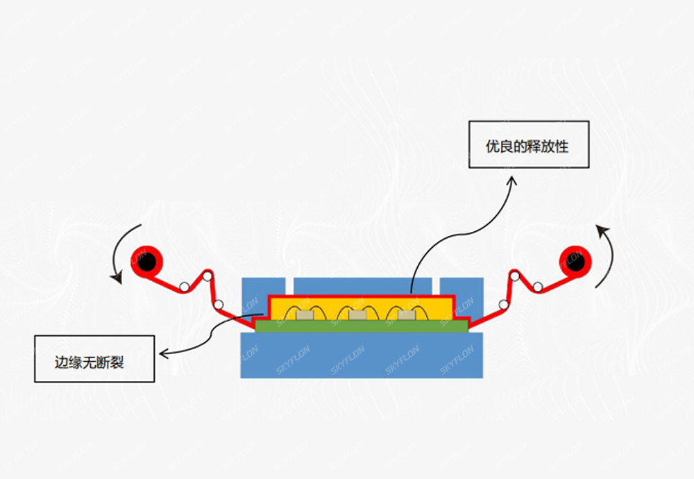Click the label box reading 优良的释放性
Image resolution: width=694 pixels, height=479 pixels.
[x=528, y=144]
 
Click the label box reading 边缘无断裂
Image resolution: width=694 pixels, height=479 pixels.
[x=94, y=358]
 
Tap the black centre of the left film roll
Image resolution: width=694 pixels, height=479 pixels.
[x=146, y=262]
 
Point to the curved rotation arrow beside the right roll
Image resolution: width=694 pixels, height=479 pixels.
[x=607, y=253]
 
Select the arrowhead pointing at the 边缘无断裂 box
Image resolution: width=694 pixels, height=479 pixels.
[x=164, y=353]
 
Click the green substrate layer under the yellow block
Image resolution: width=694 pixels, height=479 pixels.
[x=361, y=326]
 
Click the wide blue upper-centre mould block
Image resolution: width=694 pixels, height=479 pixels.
[x=361, y=285]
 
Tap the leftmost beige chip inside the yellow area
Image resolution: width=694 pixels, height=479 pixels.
[x=305, y=316]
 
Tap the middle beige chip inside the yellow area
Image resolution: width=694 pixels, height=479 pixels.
[x=357, y=316]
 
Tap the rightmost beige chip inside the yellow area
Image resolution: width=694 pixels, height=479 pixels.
[x=407, y=316]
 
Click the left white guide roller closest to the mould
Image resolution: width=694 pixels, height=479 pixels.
[x=218, y=305]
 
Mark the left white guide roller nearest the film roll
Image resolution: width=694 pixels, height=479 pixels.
[x=185, y=287]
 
